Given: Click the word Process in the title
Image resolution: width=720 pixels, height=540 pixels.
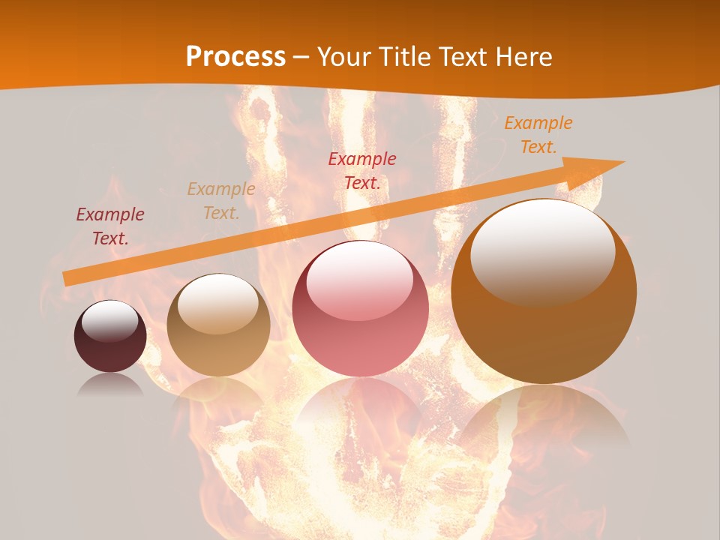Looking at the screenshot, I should (235, 56).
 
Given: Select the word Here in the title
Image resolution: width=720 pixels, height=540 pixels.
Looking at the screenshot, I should (523, 56).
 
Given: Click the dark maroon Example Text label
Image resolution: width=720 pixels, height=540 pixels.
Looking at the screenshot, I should (110, 226).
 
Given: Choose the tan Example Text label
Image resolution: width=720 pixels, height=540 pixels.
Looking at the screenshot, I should (221, 201).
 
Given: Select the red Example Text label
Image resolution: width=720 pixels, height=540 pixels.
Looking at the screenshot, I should (362, 170).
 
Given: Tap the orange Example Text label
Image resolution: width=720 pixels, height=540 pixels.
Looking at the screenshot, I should (538, 135).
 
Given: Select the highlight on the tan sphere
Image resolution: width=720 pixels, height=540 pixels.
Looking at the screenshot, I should (217, 304).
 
